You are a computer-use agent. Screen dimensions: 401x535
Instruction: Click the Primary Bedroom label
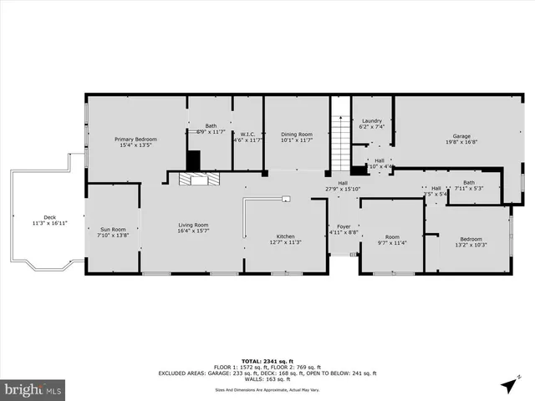pyautogui.click(x=135, y=140)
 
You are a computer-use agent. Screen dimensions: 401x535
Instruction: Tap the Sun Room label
pyautogui.click(x=112, y=230)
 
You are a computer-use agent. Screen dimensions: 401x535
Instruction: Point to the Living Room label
pyautogui.click(x=193, y=225)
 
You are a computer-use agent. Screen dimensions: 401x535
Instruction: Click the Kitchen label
pyautogui.click(x=285, y=238)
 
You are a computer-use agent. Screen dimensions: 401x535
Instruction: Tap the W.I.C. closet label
pyautogui.click(x=247, y=135)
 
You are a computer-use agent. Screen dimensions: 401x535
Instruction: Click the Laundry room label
pyautogui.click(x=371, y=121)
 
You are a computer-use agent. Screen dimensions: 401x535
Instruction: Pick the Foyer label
pyautogui.click(x=344, y=226)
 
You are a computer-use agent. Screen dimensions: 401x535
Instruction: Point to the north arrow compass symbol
pyautogui.click(x=508, y=384)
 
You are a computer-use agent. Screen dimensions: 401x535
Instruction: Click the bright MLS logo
pyautogui.click(x=33, y=388)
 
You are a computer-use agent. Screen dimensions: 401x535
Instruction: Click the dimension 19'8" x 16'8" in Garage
pyautogui.click(x=462, y=142)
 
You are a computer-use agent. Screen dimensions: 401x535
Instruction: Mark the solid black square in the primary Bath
pyautogui.click(x=194, y=160)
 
